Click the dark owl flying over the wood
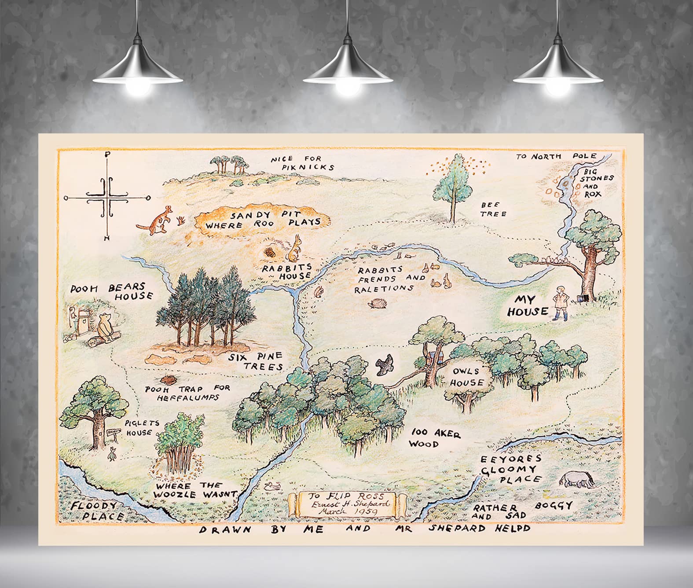pyautogui.click(x=385, y=364)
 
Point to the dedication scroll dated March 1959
pyautogui.click(x=348, y=504)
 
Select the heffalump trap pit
pyautogui.click(x=168, y=379)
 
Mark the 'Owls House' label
pyautogui.click(x=466, y=377)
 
